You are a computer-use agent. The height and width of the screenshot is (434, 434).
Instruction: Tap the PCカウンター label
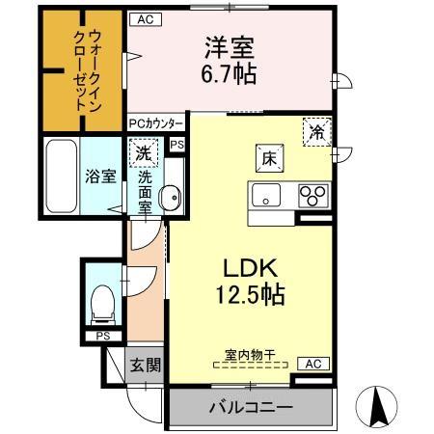pos(156,124)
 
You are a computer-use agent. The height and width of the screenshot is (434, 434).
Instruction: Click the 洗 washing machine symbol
pos(143,152)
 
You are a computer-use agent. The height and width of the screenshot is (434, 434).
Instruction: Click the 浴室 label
pos(99,177)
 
